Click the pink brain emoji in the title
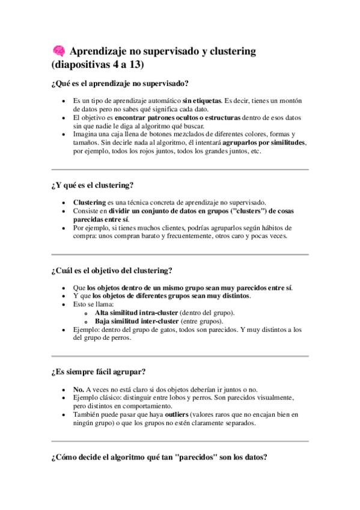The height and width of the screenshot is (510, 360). [x=58, y=52]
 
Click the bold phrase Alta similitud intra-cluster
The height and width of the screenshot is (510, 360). [x=136, y=313]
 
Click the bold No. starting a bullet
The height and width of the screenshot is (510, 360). [x=78, y=390]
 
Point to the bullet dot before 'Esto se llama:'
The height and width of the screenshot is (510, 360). [x=64, y=305]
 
